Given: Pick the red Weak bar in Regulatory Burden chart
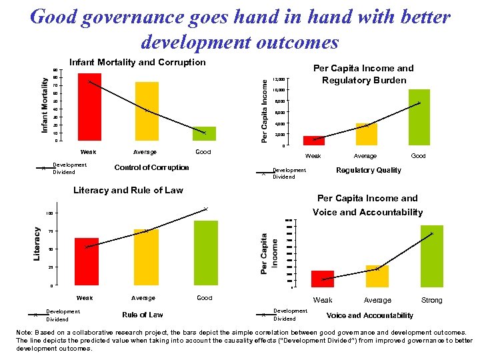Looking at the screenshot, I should [314, 140].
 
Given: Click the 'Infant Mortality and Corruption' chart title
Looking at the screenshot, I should [137, 62].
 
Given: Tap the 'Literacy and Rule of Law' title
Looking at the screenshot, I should [127, 190].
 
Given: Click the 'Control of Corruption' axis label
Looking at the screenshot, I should [152, 167].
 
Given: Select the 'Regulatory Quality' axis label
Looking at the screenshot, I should [369, 170].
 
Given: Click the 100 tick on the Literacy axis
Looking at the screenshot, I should [49, 213].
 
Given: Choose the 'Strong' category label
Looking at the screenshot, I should [431, 300].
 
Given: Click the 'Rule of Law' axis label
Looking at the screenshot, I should [143, 315].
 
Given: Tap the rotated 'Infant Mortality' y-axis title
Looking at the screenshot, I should [45, 105].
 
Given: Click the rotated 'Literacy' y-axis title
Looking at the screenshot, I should [37, 244].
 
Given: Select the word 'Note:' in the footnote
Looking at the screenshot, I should [25, 332].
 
